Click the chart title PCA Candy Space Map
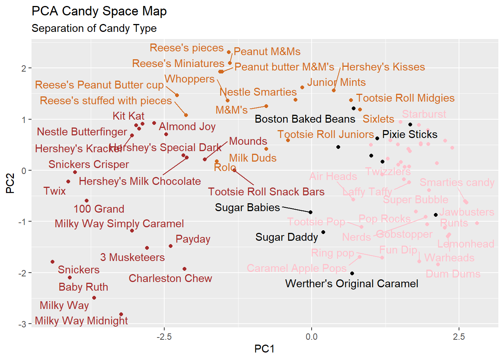click(99, 11)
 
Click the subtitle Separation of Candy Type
click(94, 28)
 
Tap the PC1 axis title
click(264, 349)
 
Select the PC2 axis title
click(10, 183)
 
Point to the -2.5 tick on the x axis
click(164, 336)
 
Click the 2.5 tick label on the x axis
click(459, 336)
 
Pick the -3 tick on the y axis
click(23, 324)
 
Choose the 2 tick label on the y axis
click(24, 68)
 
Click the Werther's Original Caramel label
click(351, 283)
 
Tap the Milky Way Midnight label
click(81, 321)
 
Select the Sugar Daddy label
click(286, 237)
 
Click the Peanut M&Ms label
click(267, 51)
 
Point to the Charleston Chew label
click(170, 278)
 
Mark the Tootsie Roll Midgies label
click(405, 98)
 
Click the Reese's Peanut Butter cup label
click(99, 85)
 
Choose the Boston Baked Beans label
click(304, 119)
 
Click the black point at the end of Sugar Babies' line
click(310, 212)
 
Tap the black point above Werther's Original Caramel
click(352, 273)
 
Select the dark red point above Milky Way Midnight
click(121, 314)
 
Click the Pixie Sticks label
click(409, 134)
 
